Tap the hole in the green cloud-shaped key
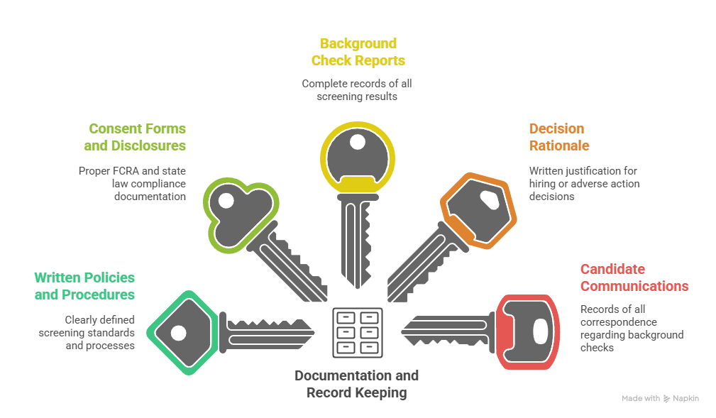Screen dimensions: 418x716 click(x=226, y=202)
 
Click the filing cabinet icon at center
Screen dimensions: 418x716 click(x=358, y=331)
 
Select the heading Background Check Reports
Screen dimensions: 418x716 click(x=358, y=52)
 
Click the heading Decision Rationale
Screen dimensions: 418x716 click(x=558, y=137)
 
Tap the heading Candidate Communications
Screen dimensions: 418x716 click(x=634, y=277)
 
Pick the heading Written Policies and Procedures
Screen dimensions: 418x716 click(x=84, y=285)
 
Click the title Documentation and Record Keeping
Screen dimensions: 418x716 click(x=357, y=383)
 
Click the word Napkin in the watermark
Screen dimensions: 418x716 click(x=685, y=399)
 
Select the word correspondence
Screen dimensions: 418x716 click(x=615, y=321)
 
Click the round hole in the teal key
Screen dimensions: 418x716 click(x=178, y=332)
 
